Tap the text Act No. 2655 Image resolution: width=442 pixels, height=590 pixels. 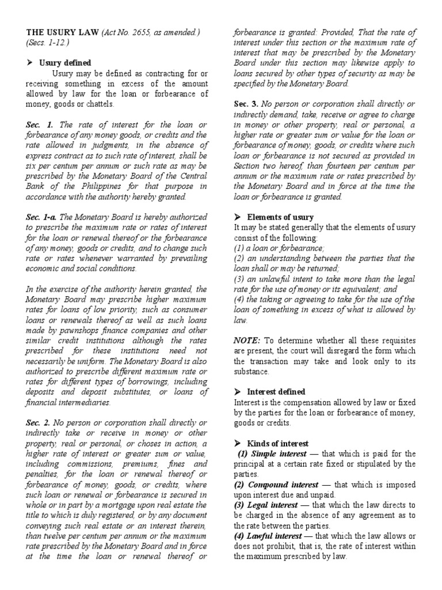click(x=127, y=33)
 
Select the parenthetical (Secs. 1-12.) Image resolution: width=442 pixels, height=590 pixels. click(x=46, y=42)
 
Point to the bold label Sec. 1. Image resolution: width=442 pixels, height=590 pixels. click(x=39, y=124)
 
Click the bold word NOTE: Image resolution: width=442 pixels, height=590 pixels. click(x=246, y=341)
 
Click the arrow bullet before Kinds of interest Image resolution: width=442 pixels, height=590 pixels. click(x=237, y=444)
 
